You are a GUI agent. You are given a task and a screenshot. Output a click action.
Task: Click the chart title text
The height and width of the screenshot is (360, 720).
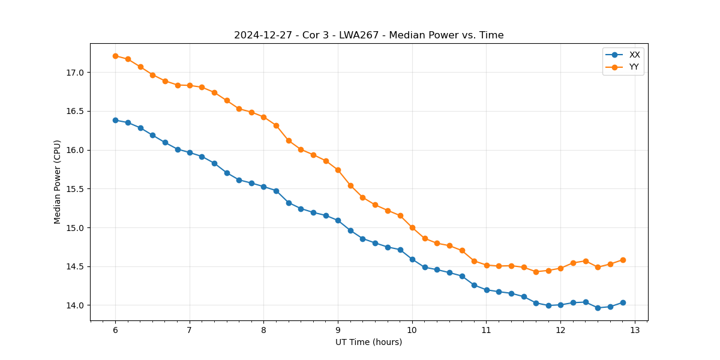coord(368,35)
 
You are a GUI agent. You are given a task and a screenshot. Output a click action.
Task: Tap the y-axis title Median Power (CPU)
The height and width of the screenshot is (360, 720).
coord(58,182)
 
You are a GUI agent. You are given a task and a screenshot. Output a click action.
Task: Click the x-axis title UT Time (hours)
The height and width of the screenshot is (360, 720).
coord(368,342)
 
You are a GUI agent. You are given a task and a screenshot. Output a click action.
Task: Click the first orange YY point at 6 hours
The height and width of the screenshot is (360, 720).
coord(115,56)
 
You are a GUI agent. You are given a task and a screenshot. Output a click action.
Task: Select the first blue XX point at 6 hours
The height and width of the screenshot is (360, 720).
coord(115,120)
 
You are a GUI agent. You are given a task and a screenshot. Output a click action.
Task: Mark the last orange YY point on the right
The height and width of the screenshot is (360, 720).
coord(623,260)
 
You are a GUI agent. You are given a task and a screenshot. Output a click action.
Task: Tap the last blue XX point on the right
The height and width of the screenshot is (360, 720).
coord(623,302)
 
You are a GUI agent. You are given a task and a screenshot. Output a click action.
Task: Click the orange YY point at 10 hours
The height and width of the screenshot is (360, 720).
coord(412,227)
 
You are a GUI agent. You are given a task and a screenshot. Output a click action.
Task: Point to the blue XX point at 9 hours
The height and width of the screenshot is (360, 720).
coord(338,220)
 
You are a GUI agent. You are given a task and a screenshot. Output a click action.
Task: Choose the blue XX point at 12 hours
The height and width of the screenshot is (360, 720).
coord(560,305)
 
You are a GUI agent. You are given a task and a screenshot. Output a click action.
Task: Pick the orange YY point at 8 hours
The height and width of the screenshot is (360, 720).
coord(263,117)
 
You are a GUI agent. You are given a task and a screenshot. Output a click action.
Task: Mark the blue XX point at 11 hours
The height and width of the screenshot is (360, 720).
coord(487,290)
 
